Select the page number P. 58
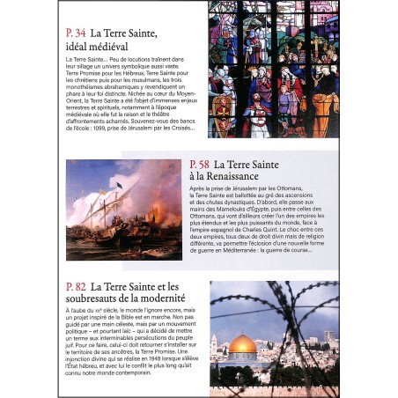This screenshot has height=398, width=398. click(201, 165)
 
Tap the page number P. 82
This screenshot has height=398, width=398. click(76, 287)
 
